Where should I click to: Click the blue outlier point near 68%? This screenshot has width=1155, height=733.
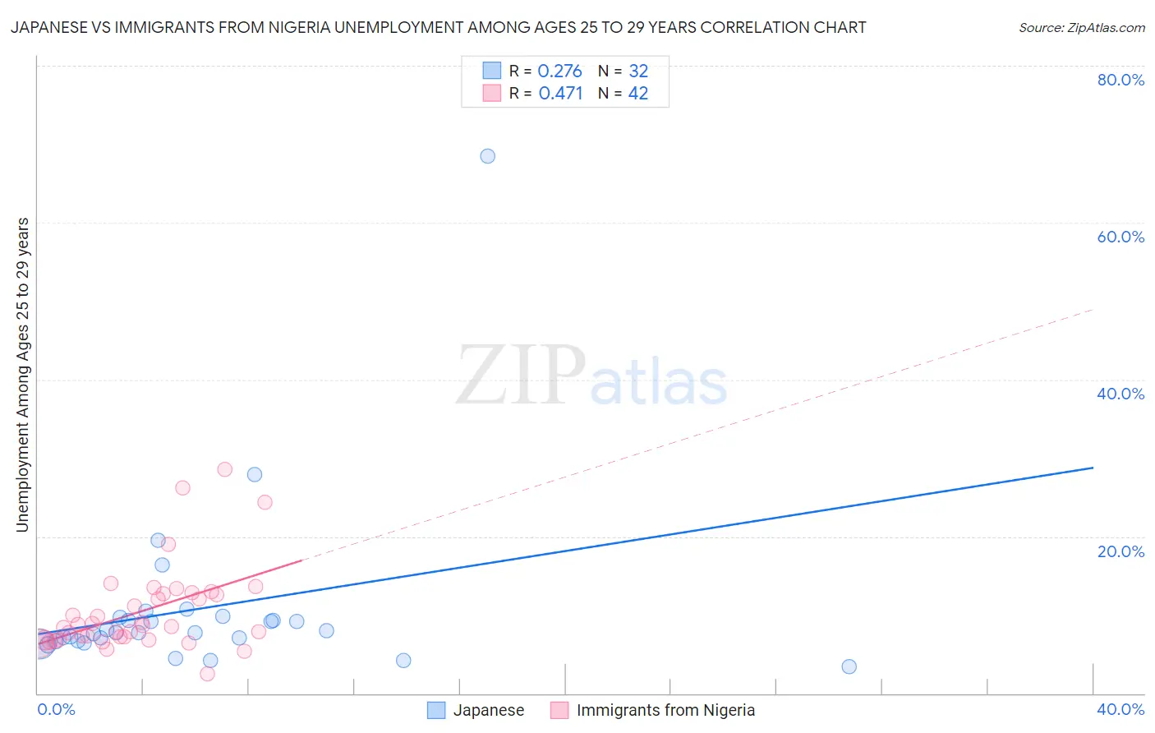[487, 156]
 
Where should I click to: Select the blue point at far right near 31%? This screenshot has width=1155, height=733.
[849, 666]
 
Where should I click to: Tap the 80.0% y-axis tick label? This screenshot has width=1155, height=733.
[1120, 80]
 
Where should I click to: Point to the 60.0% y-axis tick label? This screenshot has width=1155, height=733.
[1120, 237]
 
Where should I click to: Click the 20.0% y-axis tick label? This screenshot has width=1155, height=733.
[1120, 551]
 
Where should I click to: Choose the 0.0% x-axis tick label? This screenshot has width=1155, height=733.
[56, 709]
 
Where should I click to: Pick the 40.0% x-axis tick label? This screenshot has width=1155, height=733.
[1120, 709]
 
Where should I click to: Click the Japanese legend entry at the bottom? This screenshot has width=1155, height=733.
[488, 710]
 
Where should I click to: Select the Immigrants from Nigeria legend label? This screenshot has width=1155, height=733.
[665, 710]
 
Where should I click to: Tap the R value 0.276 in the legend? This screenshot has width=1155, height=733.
[559, 71]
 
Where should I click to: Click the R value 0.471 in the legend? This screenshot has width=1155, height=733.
[560, 94]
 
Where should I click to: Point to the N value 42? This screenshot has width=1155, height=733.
[638, 94]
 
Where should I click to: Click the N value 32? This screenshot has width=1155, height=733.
[638, 71]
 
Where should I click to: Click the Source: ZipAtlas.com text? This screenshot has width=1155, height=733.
[1081, 28]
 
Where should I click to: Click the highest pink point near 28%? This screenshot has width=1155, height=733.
[224, 469]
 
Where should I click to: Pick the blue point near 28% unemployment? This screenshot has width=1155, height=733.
[255, 474]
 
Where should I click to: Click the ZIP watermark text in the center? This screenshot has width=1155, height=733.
[521, 376]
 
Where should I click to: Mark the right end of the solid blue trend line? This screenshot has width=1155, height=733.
[1093, 468]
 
